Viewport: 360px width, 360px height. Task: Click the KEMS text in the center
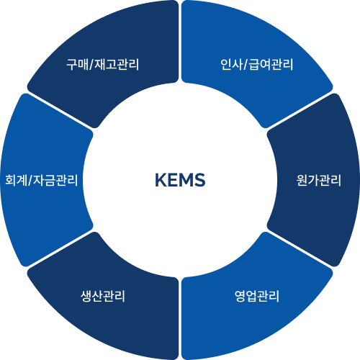180,180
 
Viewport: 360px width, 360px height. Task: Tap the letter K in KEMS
161,180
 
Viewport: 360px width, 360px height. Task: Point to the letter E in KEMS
173,180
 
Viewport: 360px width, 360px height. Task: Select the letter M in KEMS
186,180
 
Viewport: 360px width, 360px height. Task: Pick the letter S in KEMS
200,180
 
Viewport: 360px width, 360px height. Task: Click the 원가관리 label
319,180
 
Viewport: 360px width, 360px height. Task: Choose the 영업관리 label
257,296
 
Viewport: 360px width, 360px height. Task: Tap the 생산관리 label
103,296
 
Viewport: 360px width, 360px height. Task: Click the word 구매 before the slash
77,65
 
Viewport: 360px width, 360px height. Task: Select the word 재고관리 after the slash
117,65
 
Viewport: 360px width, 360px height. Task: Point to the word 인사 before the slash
231,65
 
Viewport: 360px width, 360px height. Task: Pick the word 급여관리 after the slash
271,65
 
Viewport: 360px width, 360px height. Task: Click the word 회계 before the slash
16,180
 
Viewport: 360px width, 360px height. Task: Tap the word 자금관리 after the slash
55,180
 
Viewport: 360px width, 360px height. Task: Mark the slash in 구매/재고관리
91,65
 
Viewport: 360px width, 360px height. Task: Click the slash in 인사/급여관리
246,65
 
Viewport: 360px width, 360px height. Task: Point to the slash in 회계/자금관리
30,180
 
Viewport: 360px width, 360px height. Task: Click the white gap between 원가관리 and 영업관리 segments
300,249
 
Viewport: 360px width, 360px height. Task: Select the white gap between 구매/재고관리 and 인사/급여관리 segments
180,41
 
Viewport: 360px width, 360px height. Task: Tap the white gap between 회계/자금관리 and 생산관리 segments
60,249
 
